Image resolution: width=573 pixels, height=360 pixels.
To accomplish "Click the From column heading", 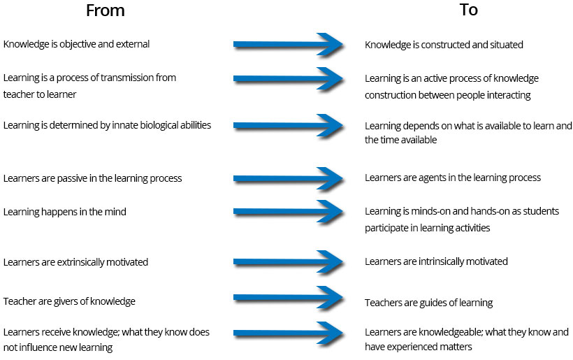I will point(105,10).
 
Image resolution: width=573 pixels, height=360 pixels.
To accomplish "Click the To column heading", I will point(468,10).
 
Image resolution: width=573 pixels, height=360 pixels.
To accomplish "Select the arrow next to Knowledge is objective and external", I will point(287,44).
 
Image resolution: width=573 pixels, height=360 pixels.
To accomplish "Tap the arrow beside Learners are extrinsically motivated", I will point(287,262).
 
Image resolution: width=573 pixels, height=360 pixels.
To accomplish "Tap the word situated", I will point(504,45).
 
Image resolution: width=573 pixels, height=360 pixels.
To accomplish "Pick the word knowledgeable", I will point(454,333).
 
